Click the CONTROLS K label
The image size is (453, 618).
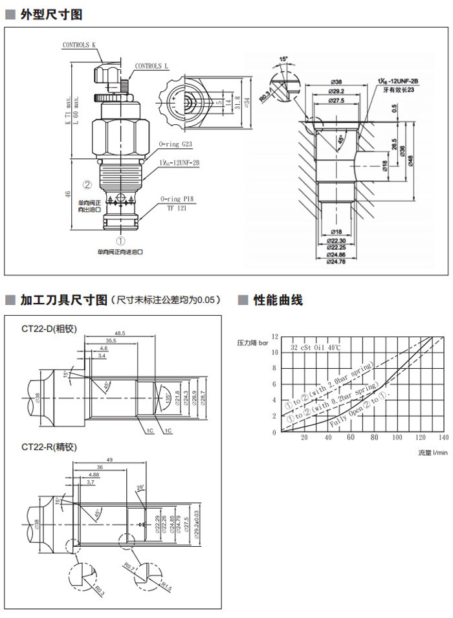point(79,45)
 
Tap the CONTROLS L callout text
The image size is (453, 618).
point(151,66)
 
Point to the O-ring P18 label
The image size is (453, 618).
point(176,199)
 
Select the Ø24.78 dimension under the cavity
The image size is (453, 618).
point(336,262)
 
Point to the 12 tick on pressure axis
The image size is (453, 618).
point(275,337)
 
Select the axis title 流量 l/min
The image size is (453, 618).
point(432,452)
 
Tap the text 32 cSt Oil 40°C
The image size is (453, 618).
point(316,348)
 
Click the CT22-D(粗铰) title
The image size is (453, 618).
point(49,329)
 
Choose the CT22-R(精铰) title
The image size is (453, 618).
point(49,447)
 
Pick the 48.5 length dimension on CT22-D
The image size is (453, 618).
point(120,333)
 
